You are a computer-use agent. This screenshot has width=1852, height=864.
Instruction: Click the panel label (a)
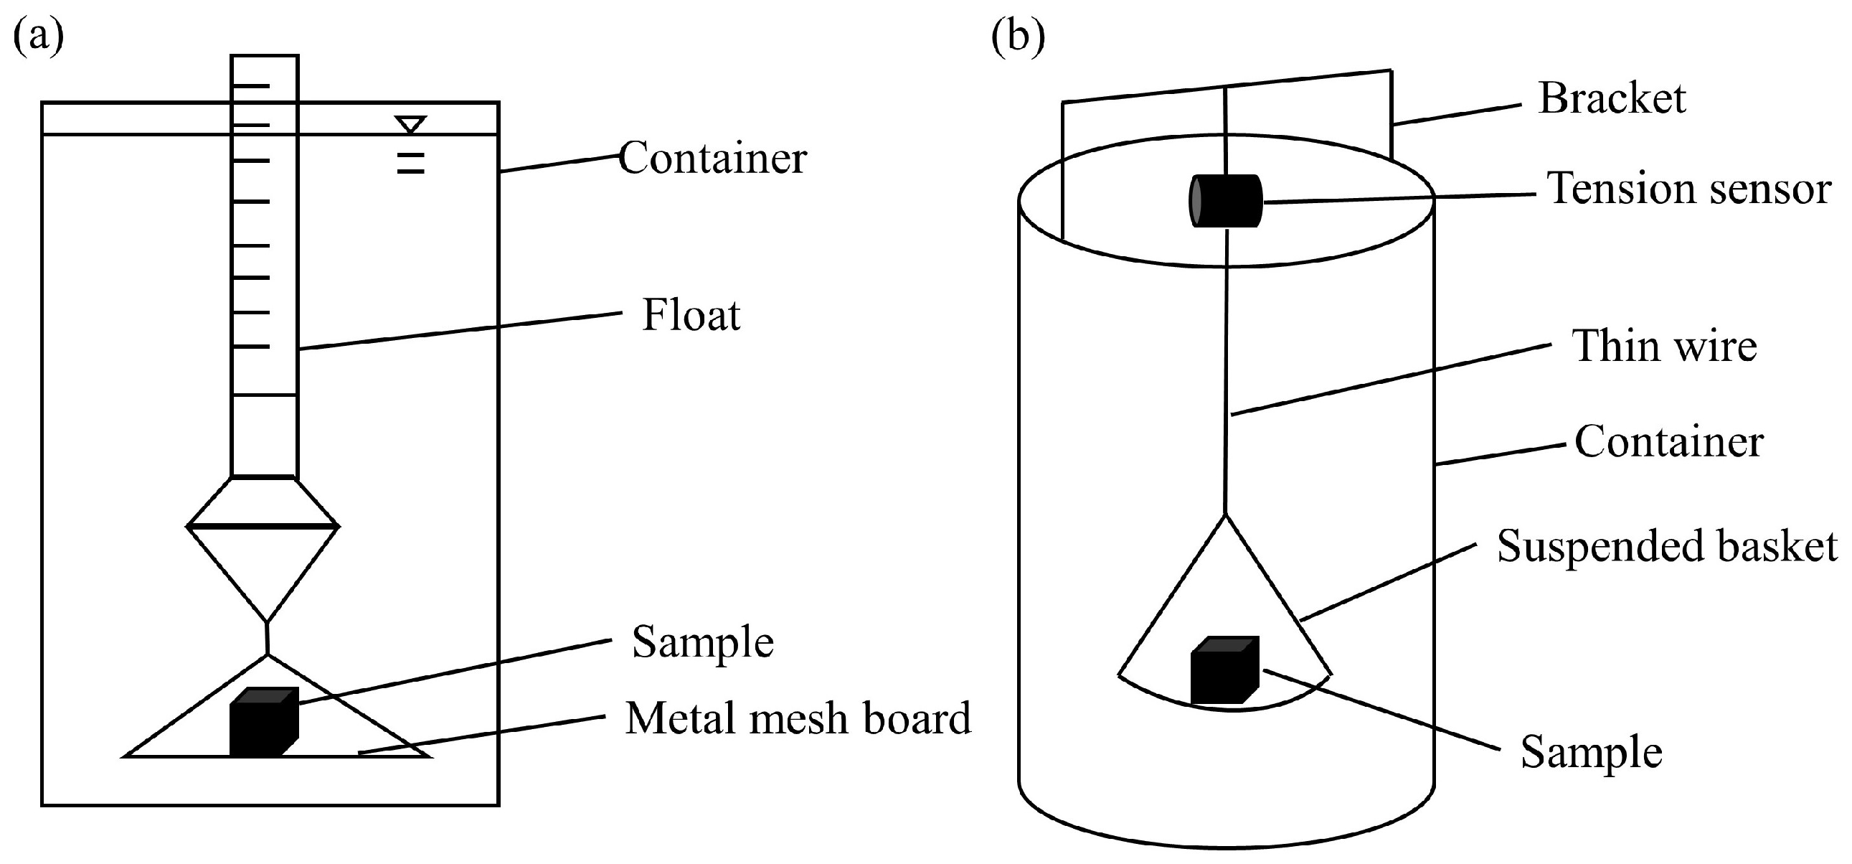point(39,36)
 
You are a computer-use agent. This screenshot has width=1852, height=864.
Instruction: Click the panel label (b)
point(1018,36)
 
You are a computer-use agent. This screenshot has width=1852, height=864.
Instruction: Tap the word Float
point(691,315)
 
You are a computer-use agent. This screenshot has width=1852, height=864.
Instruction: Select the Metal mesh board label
point(798,718)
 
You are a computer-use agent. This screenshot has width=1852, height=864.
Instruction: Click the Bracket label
point(1612,98)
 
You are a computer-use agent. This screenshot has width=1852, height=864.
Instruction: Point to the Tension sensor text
point(1689,189)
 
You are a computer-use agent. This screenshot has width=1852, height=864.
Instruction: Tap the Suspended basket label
point(1667,546)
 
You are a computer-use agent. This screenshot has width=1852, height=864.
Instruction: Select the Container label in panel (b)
point(1668,441)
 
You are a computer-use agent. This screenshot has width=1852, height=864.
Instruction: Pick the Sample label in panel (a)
point(703,642)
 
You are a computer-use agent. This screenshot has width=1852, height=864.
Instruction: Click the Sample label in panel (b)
point(1592,753)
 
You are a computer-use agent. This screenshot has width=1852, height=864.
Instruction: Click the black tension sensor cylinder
point(1225,201)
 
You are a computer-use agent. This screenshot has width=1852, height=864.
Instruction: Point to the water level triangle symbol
point(410,124)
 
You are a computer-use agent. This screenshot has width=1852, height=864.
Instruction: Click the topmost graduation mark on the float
point(251,86)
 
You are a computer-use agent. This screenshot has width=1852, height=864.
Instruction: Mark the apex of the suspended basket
point(1225,515)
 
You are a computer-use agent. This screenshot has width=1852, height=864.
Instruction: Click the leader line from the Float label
point(460,331)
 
